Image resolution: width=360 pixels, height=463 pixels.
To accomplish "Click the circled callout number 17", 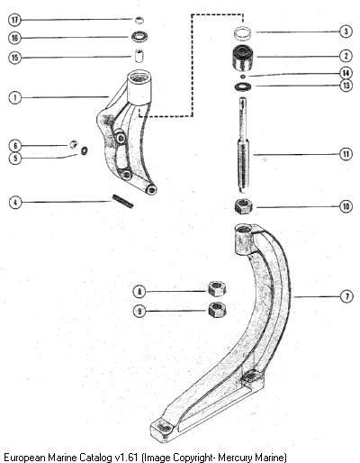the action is tap(14, 21).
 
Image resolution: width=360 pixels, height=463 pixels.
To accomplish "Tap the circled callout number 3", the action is tap(346, 32).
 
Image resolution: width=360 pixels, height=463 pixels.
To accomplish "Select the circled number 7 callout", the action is tap(347, 296).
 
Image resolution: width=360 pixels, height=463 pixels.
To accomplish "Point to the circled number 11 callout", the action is tap(346, 154).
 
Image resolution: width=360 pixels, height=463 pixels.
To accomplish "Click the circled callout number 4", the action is tap(15, 202).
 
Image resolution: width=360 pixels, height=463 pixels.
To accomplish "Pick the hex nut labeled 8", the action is tap(217, 289).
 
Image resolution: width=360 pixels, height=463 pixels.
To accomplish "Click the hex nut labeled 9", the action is tap(217, 310).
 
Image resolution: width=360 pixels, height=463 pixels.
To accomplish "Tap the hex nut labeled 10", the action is tap(243, 207).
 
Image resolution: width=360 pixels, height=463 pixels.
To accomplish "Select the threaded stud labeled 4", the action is tap(122, 201).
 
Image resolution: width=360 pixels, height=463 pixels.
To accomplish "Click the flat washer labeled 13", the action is tap(243, 86).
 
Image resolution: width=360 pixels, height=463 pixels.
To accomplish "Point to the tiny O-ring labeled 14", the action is tap(243, 77).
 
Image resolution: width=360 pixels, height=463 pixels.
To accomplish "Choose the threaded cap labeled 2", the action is tap(243, 58).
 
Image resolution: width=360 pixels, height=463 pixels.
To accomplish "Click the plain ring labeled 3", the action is tap(243, 32).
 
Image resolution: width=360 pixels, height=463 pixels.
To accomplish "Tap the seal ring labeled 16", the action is tap(139, 37).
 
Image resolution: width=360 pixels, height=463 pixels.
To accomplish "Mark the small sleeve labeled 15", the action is tap(139, 56).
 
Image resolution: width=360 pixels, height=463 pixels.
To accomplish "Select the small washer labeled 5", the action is tap(85, 150).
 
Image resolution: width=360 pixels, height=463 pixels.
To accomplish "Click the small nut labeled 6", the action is tap(74, 144).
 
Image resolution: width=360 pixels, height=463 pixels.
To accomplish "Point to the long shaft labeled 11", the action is tap(243, 145).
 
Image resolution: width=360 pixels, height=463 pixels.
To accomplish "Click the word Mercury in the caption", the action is tap(235, 458).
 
